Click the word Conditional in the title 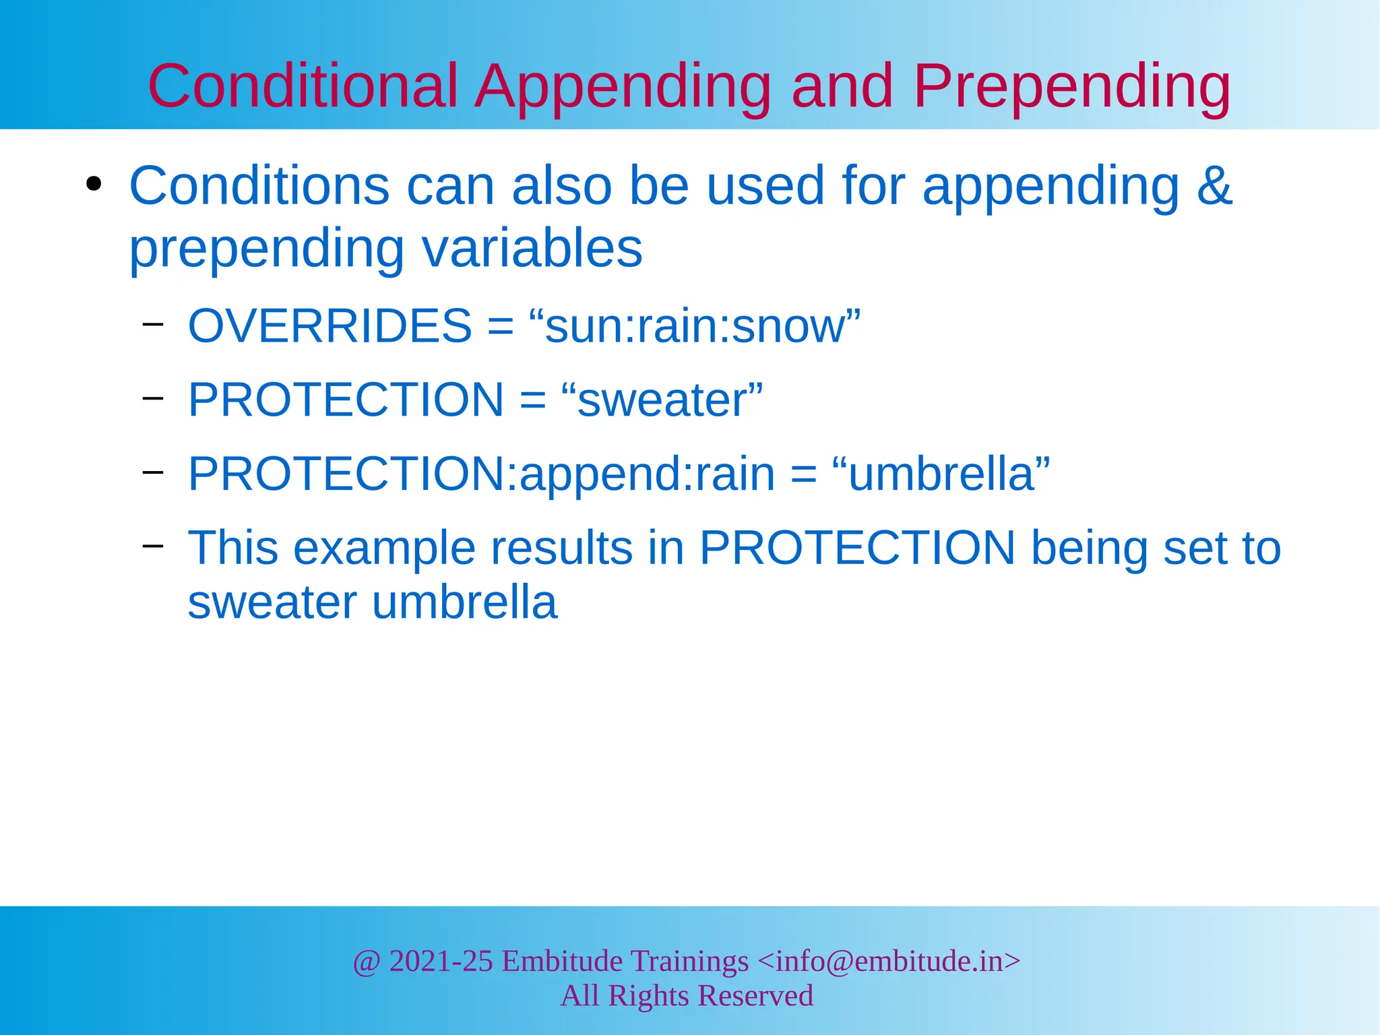(x=303, y=86)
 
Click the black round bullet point (x=94, y=185)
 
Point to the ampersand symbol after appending (x=1214, y=186)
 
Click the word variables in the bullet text (x=532, y=247)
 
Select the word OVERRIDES (x=330, y=326)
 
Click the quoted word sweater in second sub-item (x=662, y=400)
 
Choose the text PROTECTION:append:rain (x=481, y=474)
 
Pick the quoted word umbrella (x=941, y=474)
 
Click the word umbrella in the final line (x=464, y=602)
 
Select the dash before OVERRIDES (x=153, y=323)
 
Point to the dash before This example (x=153, y=544)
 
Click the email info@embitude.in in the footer (x=889, y=961)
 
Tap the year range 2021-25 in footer (x=441, y=961)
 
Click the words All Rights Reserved (x=687, y=996)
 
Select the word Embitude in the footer (x=562, y=961)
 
